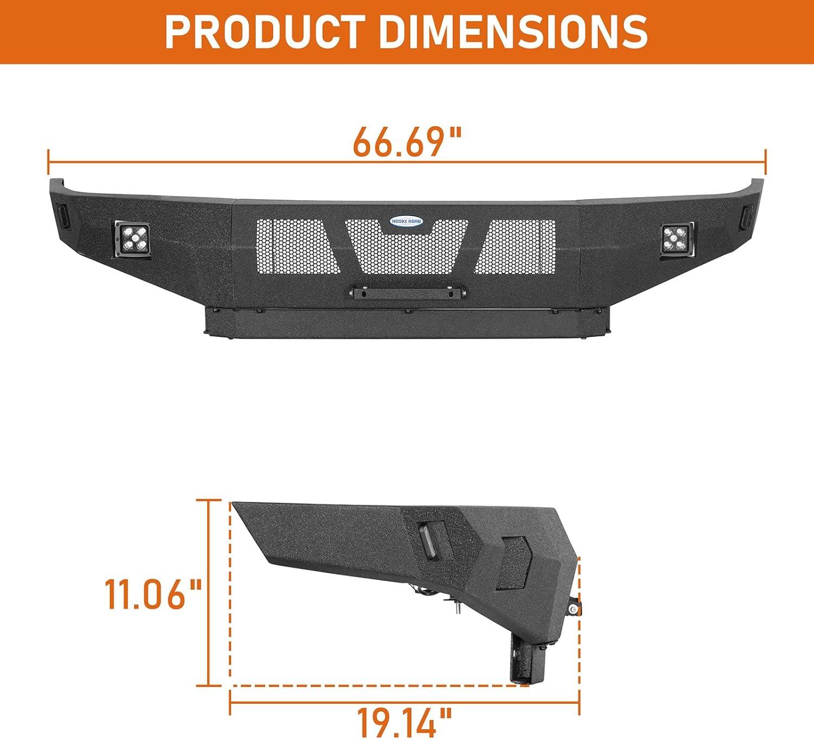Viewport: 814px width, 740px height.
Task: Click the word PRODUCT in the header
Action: pos(265,33)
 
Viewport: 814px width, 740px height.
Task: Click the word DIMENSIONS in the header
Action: pos(513,33)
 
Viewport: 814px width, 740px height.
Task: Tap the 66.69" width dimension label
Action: pos(407,142)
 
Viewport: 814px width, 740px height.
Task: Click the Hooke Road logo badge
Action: pos(406,221)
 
